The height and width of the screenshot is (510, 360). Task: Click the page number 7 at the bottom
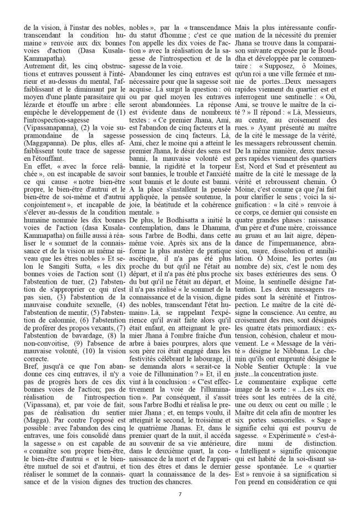pyautogui.click(x=180, y=494)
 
